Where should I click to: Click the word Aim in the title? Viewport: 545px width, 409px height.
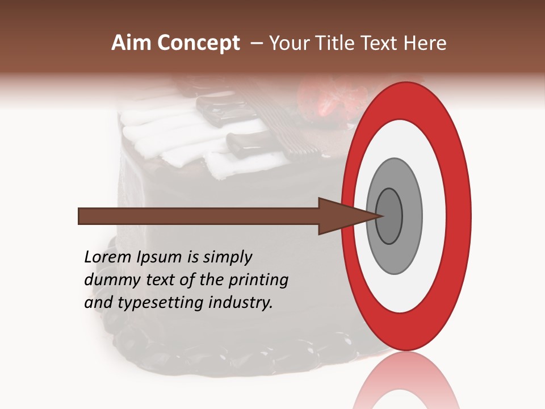click(x=132, y=43)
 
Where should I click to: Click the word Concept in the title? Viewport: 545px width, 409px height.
click(x=199, y=43)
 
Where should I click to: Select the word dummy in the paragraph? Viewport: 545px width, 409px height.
click(x=109, y=280)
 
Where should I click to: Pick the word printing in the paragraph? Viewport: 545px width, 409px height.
click(x=258, y=281)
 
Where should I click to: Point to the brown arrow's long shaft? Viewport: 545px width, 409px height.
click(x=199, y=216)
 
